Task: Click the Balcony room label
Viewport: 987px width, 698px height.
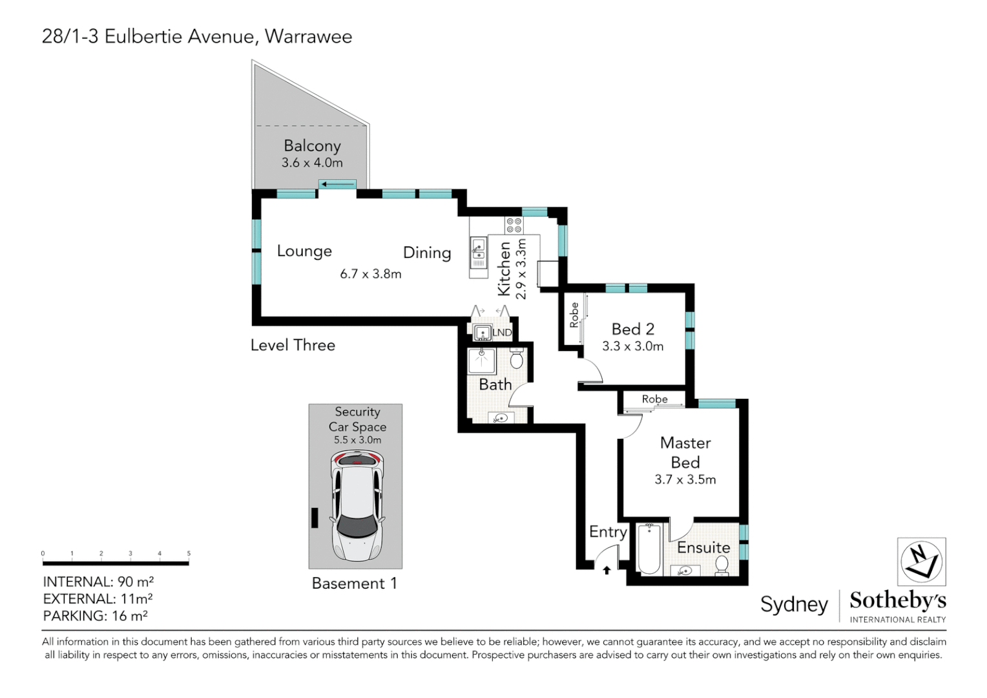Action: tap(312, 146)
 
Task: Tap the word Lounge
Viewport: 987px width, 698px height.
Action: tap(304, 251)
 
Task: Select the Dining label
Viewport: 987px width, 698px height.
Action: tap(427, 253)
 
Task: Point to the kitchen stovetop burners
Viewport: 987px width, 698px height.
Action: tap(514, 225)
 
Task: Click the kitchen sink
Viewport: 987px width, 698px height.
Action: tap(479, 250)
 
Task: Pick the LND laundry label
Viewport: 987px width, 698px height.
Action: tap(502, 333)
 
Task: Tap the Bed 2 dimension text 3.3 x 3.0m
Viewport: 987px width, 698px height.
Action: tap(632, 346)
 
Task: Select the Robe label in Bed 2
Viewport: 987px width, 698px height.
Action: tap(574, 315)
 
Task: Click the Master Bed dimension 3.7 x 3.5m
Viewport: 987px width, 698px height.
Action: tap(685, 480)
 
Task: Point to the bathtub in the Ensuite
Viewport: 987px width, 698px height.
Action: tap(649, 549)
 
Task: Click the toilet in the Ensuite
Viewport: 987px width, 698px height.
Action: tap(722, 564)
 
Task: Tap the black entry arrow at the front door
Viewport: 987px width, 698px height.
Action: tap(607, 570)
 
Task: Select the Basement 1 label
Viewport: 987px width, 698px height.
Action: tap(354, 584)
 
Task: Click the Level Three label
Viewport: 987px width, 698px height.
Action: tap(293, 345)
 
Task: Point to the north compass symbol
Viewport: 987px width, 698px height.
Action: tap(921, 562)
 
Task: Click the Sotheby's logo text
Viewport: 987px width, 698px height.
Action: tap(897, 600)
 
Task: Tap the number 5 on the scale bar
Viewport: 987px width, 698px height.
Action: tap(189, 553)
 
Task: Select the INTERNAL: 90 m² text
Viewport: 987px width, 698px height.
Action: tap(98, 582)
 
